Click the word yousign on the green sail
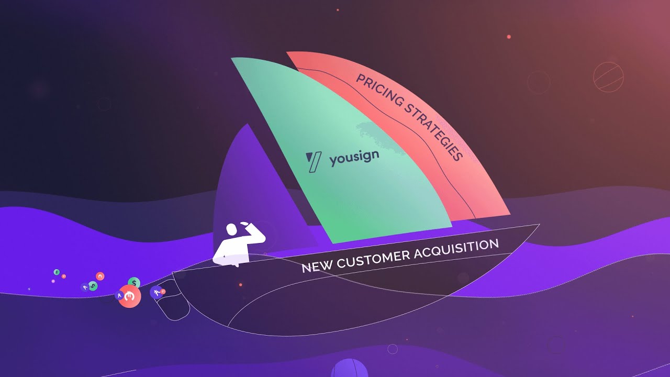click(354, 158)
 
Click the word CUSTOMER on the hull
click(373, 258)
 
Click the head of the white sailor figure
click(231, 230)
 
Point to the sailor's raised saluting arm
click(254, 232)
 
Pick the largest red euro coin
click(129, 296)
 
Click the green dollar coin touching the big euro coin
click(134, 283)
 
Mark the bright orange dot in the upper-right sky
click(509, 37)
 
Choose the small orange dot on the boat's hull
click(240, 285)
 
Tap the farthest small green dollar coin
click(57, 272)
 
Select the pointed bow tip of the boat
click(539, 224)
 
